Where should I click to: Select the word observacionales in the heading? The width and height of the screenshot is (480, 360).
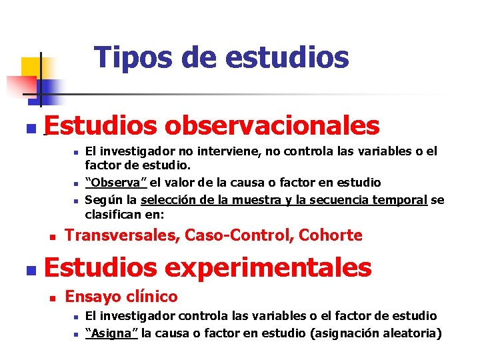point(272,125)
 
